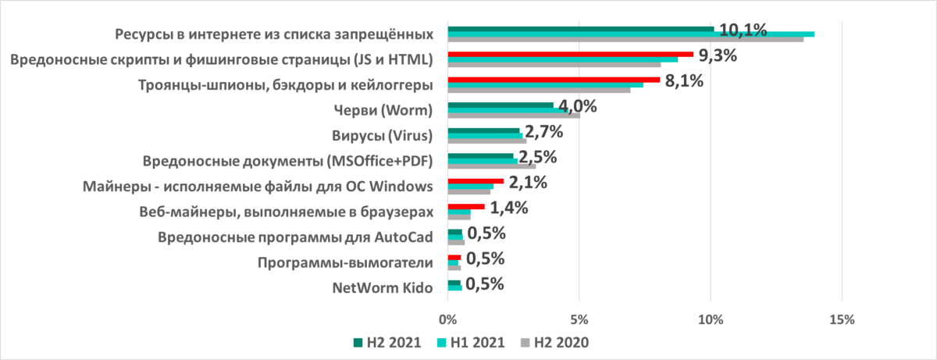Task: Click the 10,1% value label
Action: click(x=743, y=30)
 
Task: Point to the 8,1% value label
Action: click(x=684, y=80)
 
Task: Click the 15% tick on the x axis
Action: click(x=842, y=319)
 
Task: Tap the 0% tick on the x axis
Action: click(x=447, y=319)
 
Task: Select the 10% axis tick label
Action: click(x=711, y=319)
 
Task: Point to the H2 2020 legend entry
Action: click(x=555, y=342)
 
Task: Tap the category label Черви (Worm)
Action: click(x=389, y=110)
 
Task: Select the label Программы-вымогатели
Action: click(x=345, y=262)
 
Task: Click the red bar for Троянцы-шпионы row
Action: click(x=554, y=80)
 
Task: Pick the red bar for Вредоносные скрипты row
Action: click(x=570, y=54)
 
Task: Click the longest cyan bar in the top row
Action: click(x=630, y=34)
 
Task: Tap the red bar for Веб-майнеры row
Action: click(x=465, y=206)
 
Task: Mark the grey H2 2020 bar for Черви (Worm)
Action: click(x=513, y=116)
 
